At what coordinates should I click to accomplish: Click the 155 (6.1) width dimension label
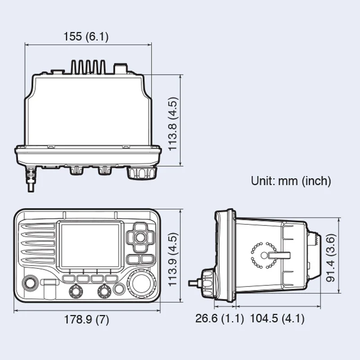[x=86, y=36]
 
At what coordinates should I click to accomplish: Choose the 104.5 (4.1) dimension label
[x=277, y=319]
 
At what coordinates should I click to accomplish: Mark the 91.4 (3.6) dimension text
[x=332, y=257]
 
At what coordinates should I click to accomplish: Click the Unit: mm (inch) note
[x=291, y=181]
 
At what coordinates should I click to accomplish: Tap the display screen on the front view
[x=90, y=246]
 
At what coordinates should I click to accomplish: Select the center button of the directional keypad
[x=140, y=237]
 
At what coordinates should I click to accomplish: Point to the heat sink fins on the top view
[x=88, y=67]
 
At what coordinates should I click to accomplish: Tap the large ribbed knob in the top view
[x=142, y=172]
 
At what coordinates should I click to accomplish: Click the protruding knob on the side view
[x=208, y=282]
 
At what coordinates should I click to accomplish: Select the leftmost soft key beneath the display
[x=69, y=279]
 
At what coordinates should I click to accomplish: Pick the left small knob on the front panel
[x=75, y=292]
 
